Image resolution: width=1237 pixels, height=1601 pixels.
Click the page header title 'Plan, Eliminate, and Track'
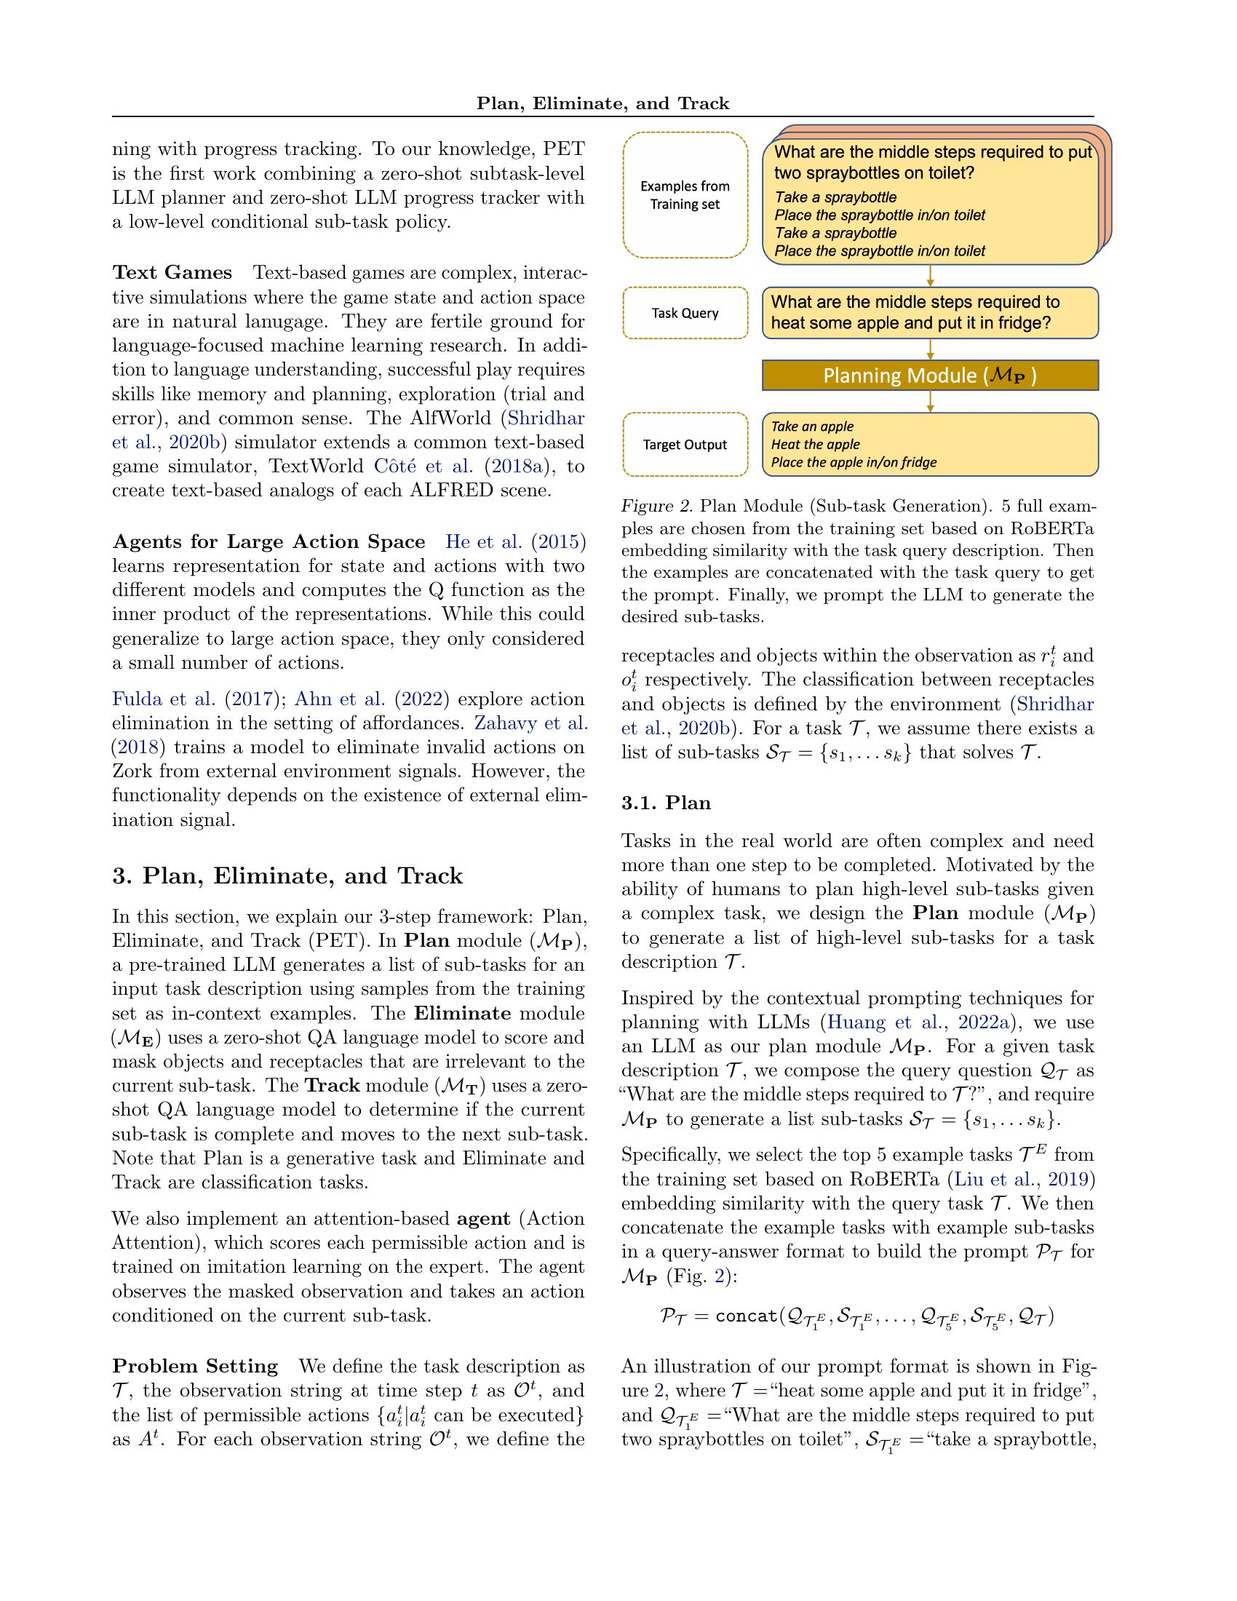(602, 103)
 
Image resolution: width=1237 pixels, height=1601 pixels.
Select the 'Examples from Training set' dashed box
(685, 195)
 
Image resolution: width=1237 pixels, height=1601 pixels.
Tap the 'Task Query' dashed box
(685, 313)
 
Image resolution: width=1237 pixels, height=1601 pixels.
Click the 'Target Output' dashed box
(685, 444)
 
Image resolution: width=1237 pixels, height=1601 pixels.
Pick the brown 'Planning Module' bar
(930, 376)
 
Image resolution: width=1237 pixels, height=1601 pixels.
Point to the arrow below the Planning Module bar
(930, 401)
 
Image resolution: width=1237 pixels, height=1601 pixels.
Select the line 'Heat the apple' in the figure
(815, 444)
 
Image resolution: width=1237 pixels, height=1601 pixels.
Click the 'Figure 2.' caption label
(656, 506)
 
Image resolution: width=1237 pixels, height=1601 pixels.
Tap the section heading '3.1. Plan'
(666, 803)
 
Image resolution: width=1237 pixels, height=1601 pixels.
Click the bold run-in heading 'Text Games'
(172, 273)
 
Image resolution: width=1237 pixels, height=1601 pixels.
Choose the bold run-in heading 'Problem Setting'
(195, 1367)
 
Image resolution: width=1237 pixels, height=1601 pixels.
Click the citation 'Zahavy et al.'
(530, 723)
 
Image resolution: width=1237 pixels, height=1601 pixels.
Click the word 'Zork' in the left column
(131, 771)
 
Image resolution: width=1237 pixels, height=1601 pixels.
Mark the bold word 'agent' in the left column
(483, 1218)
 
